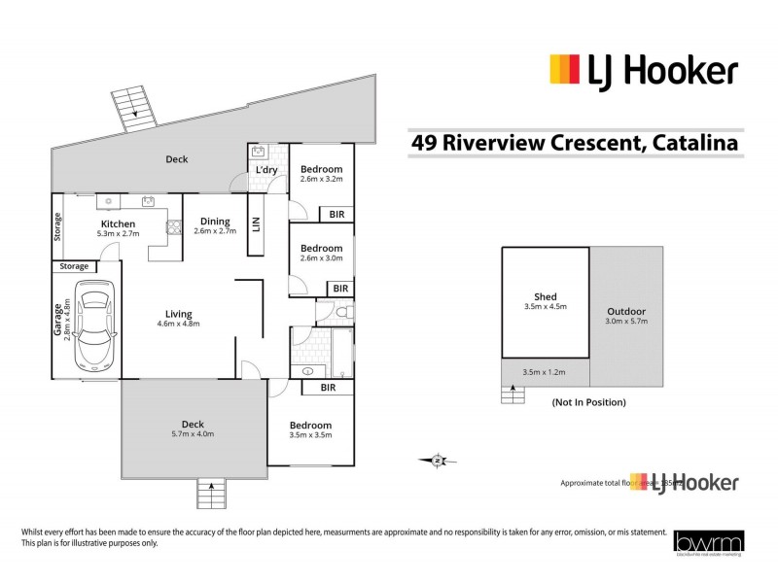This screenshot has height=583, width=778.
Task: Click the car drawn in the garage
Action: pyautogui.click(x=93, y=326)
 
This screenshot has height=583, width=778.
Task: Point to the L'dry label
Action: pyautogui.click(x=265, y=171)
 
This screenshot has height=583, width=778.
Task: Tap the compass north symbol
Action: pyautogui.click(x=438, y=460)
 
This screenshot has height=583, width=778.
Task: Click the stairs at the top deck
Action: pyautogui.click(x=134, y=104)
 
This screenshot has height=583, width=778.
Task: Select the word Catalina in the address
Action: pyautogui.click(x=692, y=143)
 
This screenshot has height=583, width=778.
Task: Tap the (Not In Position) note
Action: pyautogui.click(x=587, y=401)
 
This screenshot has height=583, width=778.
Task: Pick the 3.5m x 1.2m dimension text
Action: pyautogui.click(x=543, y=372)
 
